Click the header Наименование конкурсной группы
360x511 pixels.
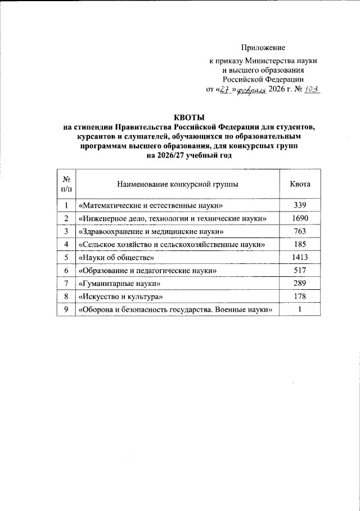coord(177,184)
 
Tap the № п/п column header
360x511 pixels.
coord(66,184)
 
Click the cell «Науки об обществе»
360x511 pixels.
coord(116,258)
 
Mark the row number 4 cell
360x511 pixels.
coord(66,244)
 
